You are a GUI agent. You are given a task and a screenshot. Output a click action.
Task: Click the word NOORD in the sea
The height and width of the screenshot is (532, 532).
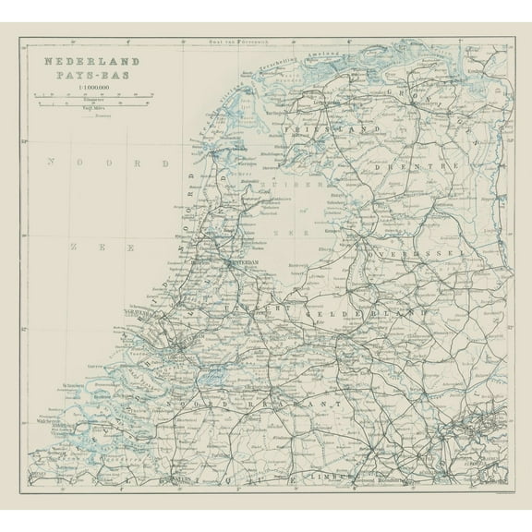pyautogui.click(x=108, y=163)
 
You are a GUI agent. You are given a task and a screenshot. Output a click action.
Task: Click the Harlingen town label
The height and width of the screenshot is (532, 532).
pyautogui.click(x=276, y=108)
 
